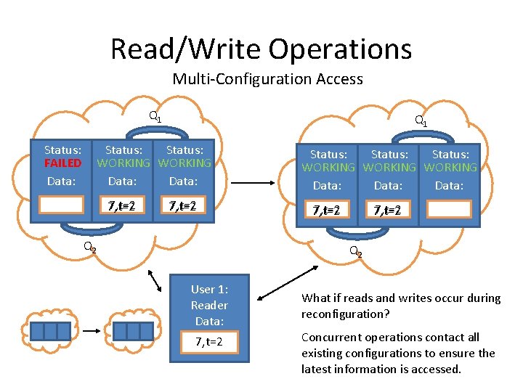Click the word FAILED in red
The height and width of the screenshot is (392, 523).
click(62, 163)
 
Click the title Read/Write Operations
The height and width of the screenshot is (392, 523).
click(261, 49)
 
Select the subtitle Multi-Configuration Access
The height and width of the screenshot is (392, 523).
click(267, 79)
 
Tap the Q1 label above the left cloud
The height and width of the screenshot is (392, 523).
click(155, 116)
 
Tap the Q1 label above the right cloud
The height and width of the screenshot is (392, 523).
click(420, 121)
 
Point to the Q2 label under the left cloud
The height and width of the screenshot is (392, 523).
click(89, 247)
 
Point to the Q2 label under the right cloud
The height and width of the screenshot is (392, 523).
click(355, 252)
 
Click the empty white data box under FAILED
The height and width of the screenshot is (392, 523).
click(62, 205)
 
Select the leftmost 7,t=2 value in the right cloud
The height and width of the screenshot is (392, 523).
click(326, 211)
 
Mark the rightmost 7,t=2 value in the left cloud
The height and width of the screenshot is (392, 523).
click(183, 205)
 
